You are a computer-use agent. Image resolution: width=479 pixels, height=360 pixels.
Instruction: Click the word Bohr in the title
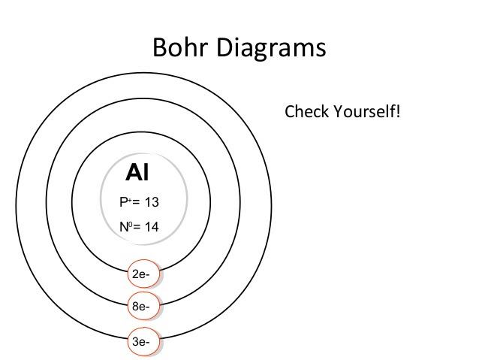(x=180, y=47)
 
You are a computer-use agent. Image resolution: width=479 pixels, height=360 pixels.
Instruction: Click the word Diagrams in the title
(x=271, y=49)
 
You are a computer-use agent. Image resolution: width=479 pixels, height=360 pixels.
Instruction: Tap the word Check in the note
(x=307, y=111)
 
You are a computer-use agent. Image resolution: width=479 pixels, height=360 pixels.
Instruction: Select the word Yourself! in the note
(x=366, y=111)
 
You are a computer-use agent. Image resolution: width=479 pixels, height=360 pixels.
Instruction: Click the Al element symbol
(x=137, y=172)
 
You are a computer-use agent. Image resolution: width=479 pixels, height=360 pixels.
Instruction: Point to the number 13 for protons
(x=152, y=202)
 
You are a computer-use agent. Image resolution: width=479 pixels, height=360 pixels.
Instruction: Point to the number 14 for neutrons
(x=152, y=227)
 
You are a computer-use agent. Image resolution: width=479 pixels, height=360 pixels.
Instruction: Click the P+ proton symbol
(x=125, y=202)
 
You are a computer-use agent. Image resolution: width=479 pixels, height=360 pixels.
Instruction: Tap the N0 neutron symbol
(x=126, y=227)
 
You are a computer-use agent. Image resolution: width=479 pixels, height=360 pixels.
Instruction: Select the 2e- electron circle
(x=143, y=274)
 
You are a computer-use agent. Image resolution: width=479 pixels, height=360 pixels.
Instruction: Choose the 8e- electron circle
(x=143, y=306)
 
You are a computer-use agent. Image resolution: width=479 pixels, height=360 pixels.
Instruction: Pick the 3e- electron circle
(x=143, y=342)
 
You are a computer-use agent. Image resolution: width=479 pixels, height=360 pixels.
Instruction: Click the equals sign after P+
(x=136, y=202)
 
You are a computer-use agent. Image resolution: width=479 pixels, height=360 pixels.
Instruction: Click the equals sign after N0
(x=137, y=227)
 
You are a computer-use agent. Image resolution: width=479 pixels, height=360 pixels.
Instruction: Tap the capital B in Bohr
(x=159, y=47)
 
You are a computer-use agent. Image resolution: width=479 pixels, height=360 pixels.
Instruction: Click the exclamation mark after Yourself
(x=398, y=111)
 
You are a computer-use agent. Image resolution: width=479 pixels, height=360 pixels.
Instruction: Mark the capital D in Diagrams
(x=224, y=47)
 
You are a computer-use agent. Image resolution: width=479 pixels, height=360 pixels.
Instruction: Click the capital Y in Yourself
(x=339, y=111)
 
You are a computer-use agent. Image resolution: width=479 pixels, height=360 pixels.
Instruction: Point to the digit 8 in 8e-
(x=135, y=306)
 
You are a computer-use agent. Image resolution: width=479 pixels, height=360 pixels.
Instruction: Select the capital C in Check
(x=290, y=111)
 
